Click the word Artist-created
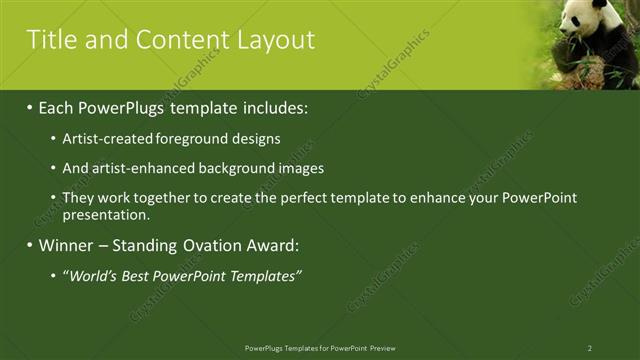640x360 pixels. (x=107, y=139)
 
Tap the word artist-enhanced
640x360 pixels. (x=137, y=169)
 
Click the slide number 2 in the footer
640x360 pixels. (x=589, y=348)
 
